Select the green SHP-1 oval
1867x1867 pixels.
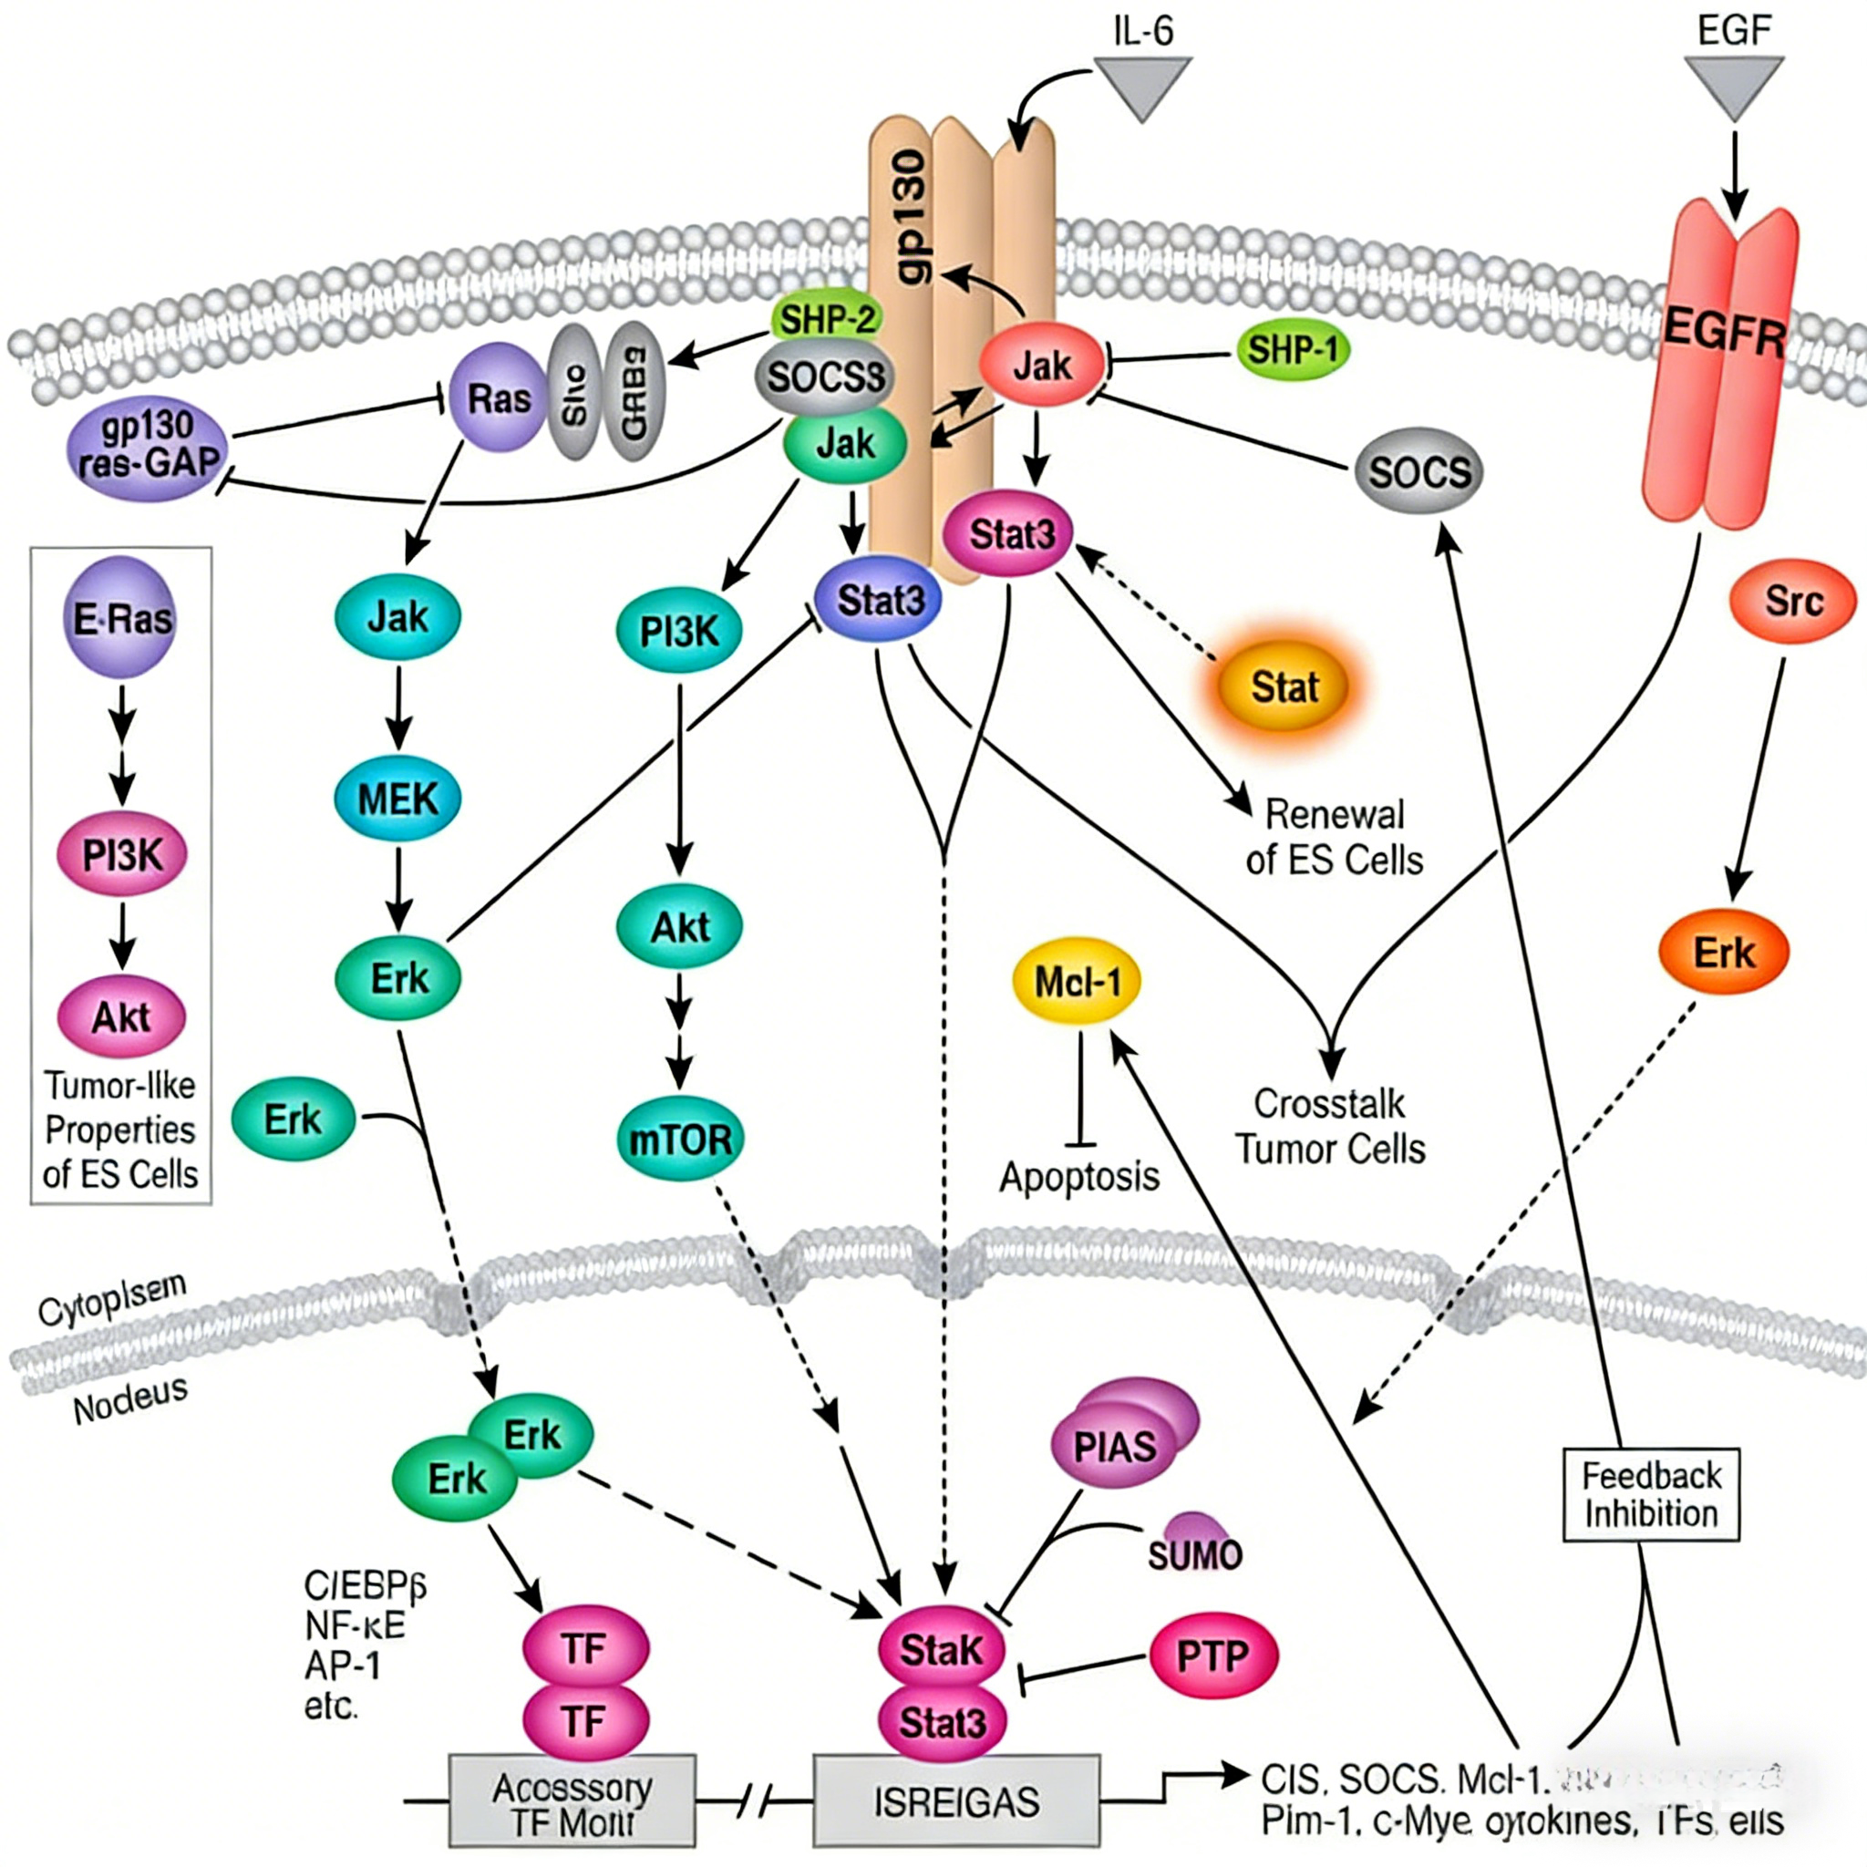click(1293, 350)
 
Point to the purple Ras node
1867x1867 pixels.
click(499, 397)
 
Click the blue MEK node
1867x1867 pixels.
click(397, 799)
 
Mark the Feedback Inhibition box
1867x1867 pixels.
click(1651, 1494)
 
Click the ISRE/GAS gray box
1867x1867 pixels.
click(955, 1800)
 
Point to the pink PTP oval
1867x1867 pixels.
click(1212, 1656)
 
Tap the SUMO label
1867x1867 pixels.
click(1194, 1552)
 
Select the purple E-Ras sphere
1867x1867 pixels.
click(123, 617)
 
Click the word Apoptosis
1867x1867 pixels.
click(1078, 1176)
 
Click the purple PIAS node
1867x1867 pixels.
click(1117, 1446)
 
